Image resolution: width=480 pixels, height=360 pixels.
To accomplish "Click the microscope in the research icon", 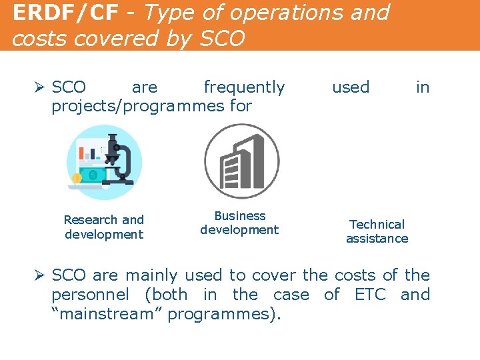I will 119,160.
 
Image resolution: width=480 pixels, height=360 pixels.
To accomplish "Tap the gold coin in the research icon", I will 77,178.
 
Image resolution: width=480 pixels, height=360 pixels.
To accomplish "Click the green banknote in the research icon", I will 94,175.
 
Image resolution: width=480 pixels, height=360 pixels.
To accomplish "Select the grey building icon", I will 241,161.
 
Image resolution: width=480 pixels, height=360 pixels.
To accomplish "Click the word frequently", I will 244,87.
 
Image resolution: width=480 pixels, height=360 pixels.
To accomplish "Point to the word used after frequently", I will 351,87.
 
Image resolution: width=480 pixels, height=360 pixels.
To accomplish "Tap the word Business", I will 240,216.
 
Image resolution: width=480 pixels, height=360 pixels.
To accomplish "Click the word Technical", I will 377,225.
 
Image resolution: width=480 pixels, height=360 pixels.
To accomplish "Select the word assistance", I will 377,239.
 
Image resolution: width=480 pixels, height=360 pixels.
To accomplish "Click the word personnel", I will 90,295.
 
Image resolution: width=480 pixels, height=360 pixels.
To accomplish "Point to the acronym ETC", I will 371,295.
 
